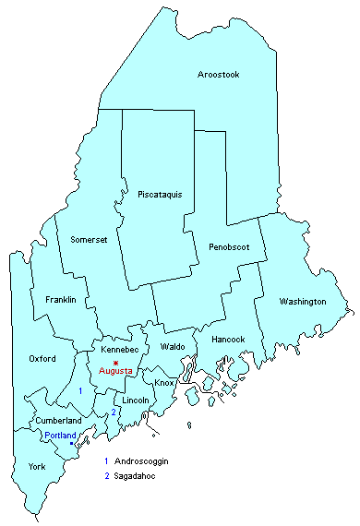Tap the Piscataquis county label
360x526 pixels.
coord(160,195)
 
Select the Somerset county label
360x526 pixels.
coord(90,240)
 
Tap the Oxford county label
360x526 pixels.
coord(42,358)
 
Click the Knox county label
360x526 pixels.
coord(164,382)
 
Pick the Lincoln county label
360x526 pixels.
coord(136,400)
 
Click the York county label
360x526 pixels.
coord(36,467)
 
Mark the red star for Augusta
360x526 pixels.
coord(114,361)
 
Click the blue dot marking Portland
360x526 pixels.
coord(72,444)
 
